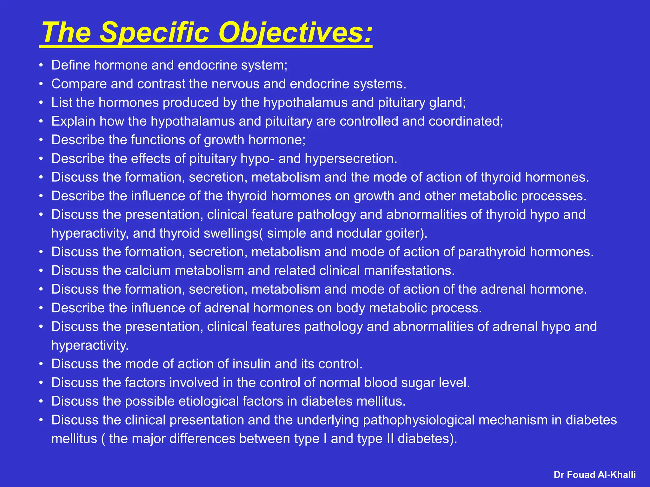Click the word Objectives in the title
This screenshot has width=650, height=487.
tap(295, 33)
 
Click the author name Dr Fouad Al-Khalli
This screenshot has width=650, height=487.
tap(594, 475)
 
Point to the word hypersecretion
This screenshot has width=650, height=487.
tap(351, 159)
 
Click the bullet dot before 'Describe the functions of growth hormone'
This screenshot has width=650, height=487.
tap(41, 140)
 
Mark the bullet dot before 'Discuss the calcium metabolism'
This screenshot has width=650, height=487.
tap(41, 270)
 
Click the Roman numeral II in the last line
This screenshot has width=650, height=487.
tap(390, 438)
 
